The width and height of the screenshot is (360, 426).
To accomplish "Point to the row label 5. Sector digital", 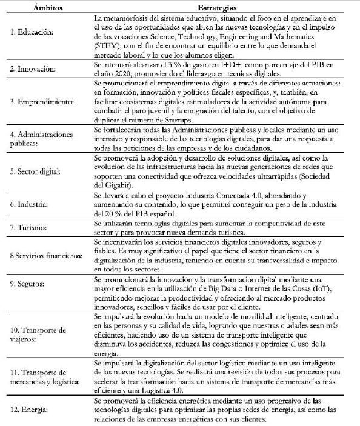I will tap(34, 171).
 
